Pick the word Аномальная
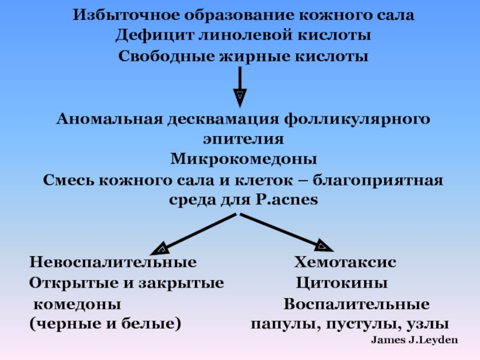109,118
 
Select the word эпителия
242,139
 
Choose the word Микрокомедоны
242,160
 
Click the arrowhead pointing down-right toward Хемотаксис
322,245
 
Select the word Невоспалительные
113,263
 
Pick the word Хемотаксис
344,263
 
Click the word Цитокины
341,283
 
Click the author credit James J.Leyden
415,340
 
